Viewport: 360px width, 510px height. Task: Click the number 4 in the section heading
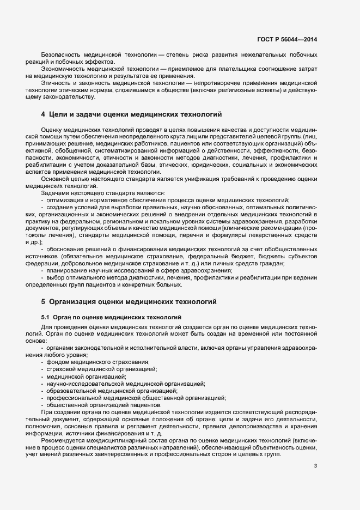pos(43,114)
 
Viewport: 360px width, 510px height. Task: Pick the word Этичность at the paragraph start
pos(57,82)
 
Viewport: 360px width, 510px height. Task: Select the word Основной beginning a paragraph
pos(55,179)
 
